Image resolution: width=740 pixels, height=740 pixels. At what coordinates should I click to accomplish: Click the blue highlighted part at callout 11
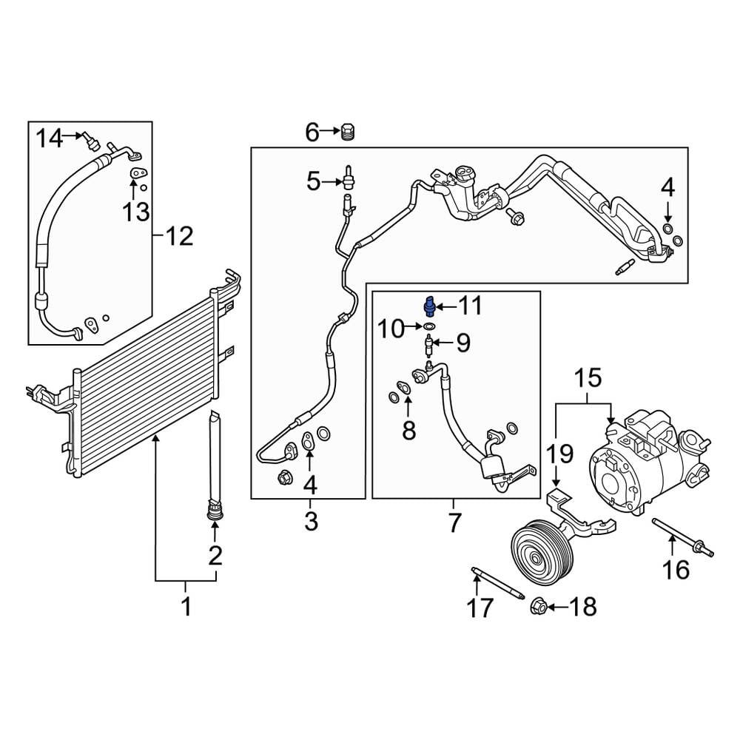[x=429, y=307]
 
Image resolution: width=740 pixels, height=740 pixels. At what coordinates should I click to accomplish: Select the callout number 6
[x=312, y=132]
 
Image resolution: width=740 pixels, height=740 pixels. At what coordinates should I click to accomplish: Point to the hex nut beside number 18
[x=538, y=605]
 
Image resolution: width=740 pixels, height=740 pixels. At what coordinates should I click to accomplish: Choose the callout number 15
[x=588, y=378]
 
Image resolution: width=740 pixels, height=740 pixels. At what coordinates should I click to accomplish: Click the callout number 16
[x=676, y=569]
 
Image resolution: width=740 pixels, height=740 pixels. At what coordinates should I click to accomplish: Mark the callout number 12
[x=179, y=235]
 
